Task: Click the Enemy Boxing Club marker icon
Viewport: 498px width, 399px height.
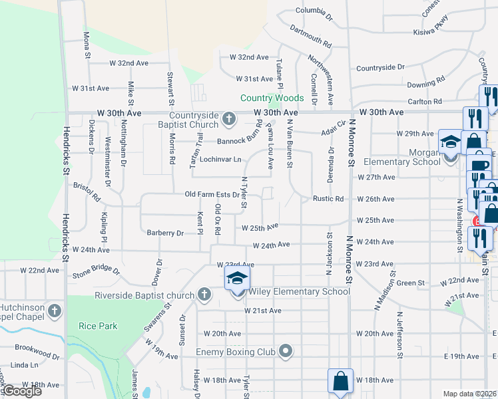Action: pyautogui.click(x=286, y=350)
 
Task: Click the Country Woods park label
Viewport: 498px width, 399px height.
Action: pyautogui.click(x=272, y=98)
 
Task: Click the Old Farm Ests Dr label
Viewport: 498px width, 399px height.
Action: pyautogui.click(x=212, y=195)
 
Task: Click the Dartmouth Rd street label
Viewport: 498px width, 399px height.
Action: pyautogui.click(x=310, y=41)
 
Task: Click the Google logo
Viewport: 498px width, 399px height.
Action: pyautogui.click(x=21, y=391)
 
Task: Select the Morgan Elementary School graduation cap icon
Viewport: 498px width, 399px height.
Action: pyautogui.click(x=448, y=143)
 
